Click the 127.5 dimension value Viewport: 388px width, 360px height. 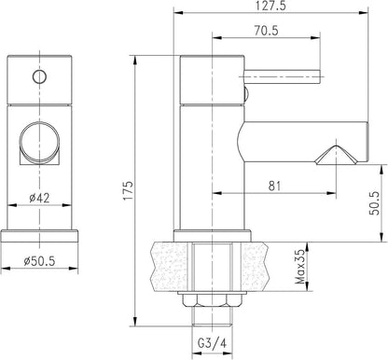(270, 6)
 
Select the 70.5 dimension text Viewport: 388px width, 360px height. (266, 31)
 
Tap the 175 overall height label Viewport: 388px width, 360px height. (128, 190)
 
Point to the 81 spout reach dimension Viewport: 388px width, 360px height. (274, 186)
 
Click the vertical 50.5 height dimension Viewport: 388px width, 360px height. (374, 203)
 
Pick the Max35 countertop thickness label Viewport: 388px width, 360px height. (300, 267)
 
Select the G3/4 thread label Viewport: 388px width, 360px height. (213, 343)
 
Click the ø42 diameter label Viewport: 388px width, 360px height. (39, 198)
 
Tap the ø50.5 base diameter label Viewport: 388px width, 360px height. (39, 261)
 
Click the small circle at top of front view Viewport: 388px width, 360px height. (39, 76)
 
